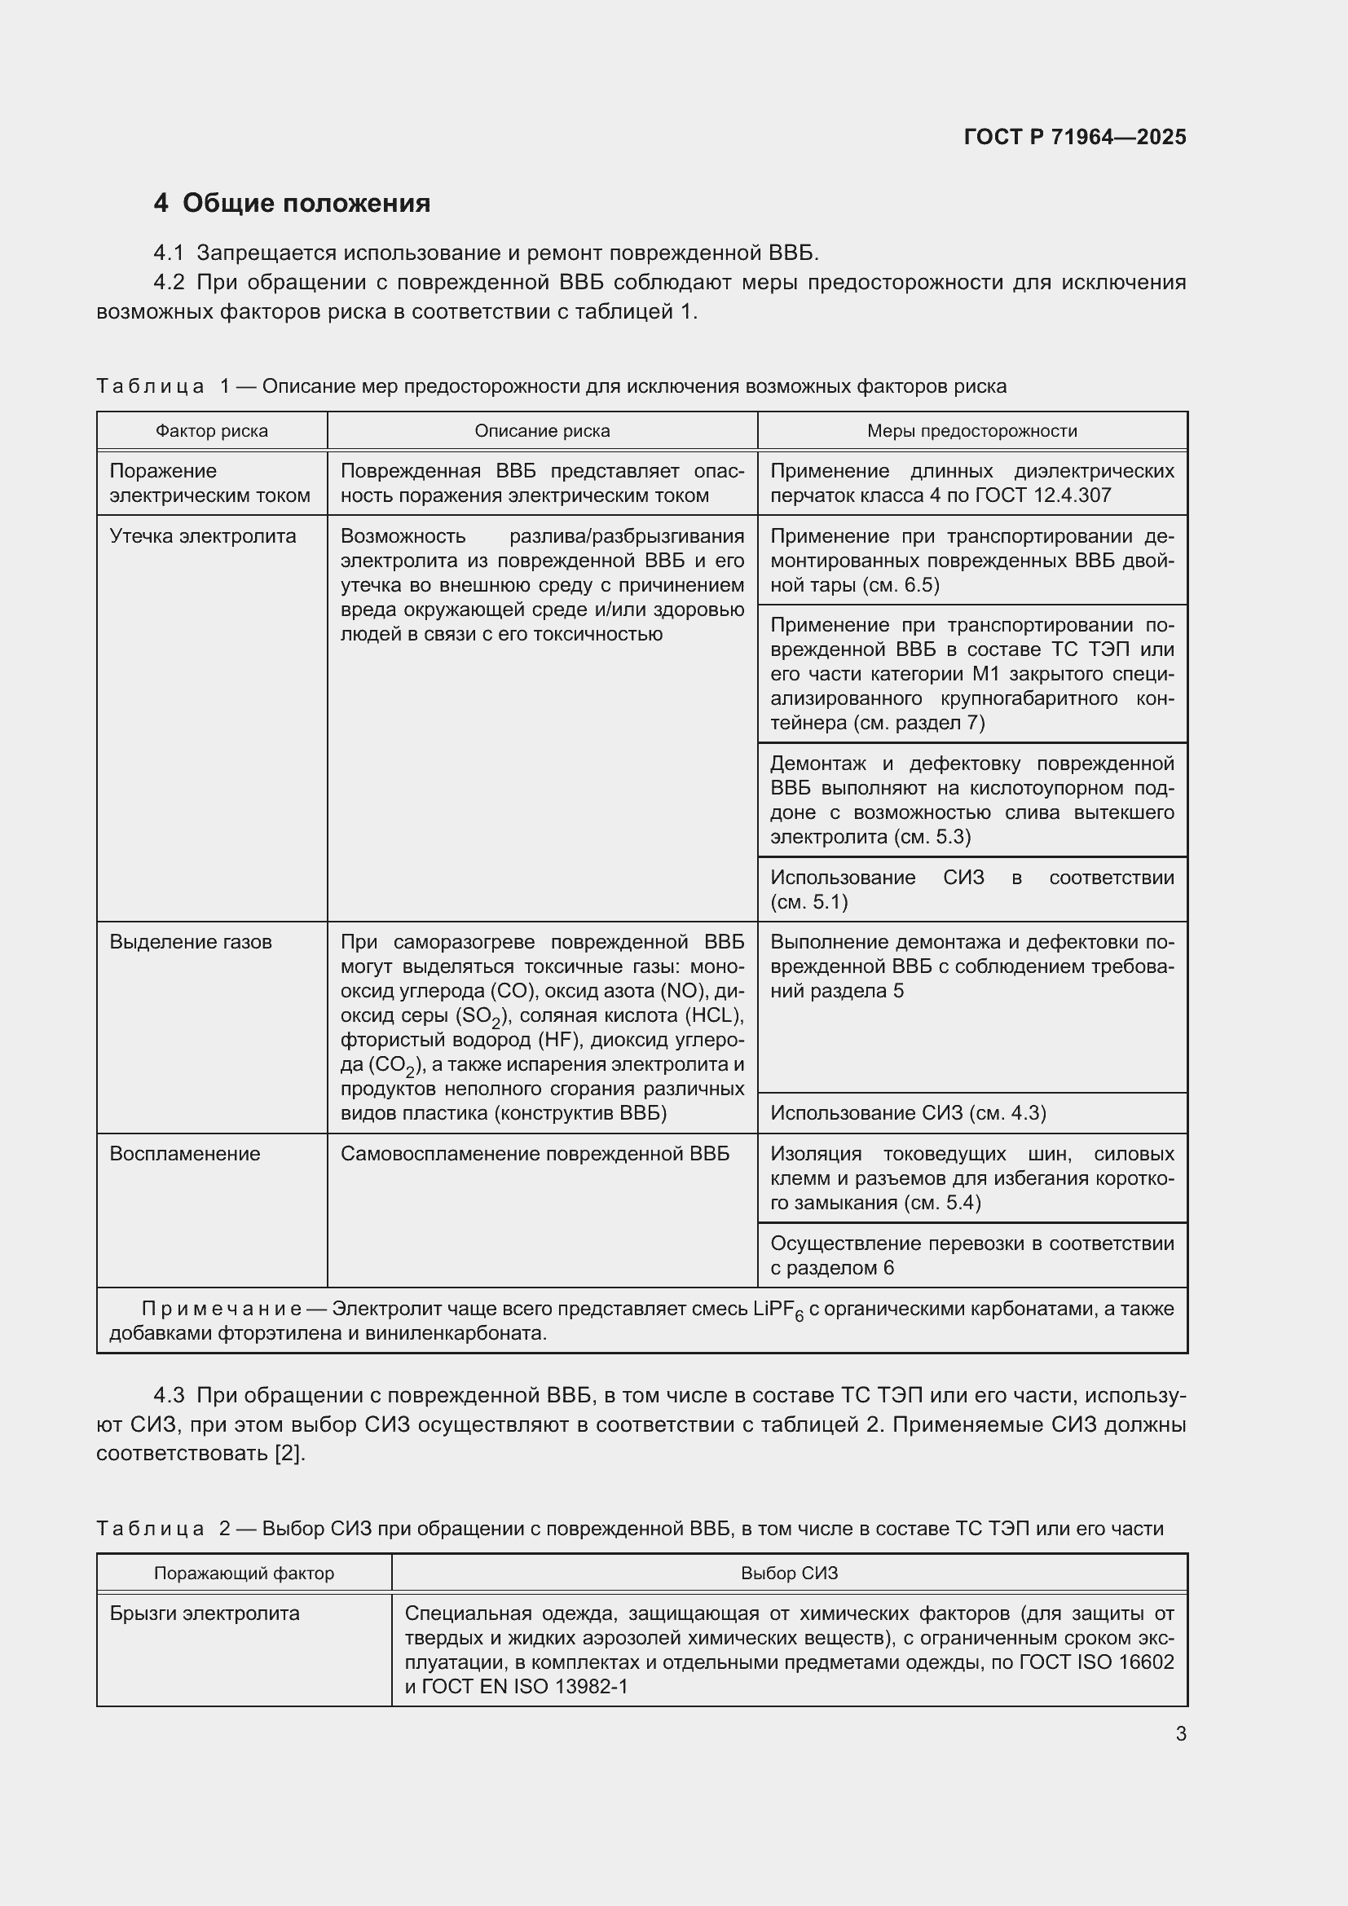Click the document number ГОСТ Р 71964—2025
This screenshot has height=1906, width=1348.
pos(1075,137)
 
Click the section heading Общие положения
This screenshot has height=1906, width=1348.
pos(306,204)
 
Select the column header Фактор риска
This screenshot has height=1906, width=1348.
pos(212,431)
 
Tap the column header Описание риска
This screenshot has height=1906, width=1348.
pos(542,431)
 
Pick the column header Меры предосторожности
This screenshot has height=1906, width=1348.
pos(972,431)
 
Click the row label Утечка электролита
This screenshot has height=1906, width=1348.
pos(203,536)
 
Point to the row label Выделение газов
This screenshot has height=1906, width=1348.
pos(191,942)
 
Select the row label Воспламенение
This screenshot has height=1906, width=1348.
pos(185,1154)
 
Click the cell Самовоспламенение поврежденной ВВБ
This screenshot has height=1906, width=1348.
pos(535,1154)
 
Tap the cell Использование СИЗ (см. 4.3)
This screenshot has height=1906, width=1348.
pos(908,1113)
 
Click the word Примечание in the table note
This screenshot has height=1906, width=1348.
pos(221,1310)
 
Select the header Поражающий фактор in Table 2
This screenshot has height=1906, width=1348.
pos(244,1573)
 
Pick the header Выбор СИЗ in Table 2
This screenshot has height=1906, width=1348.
pos(790,1573)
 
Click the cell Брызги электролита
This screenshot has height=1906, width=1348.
pos(205,1613)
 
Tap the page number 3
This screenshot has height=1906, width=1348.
pos(1180,1734)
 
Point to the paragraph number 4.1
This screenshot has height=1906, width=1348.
pos(169,253)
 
